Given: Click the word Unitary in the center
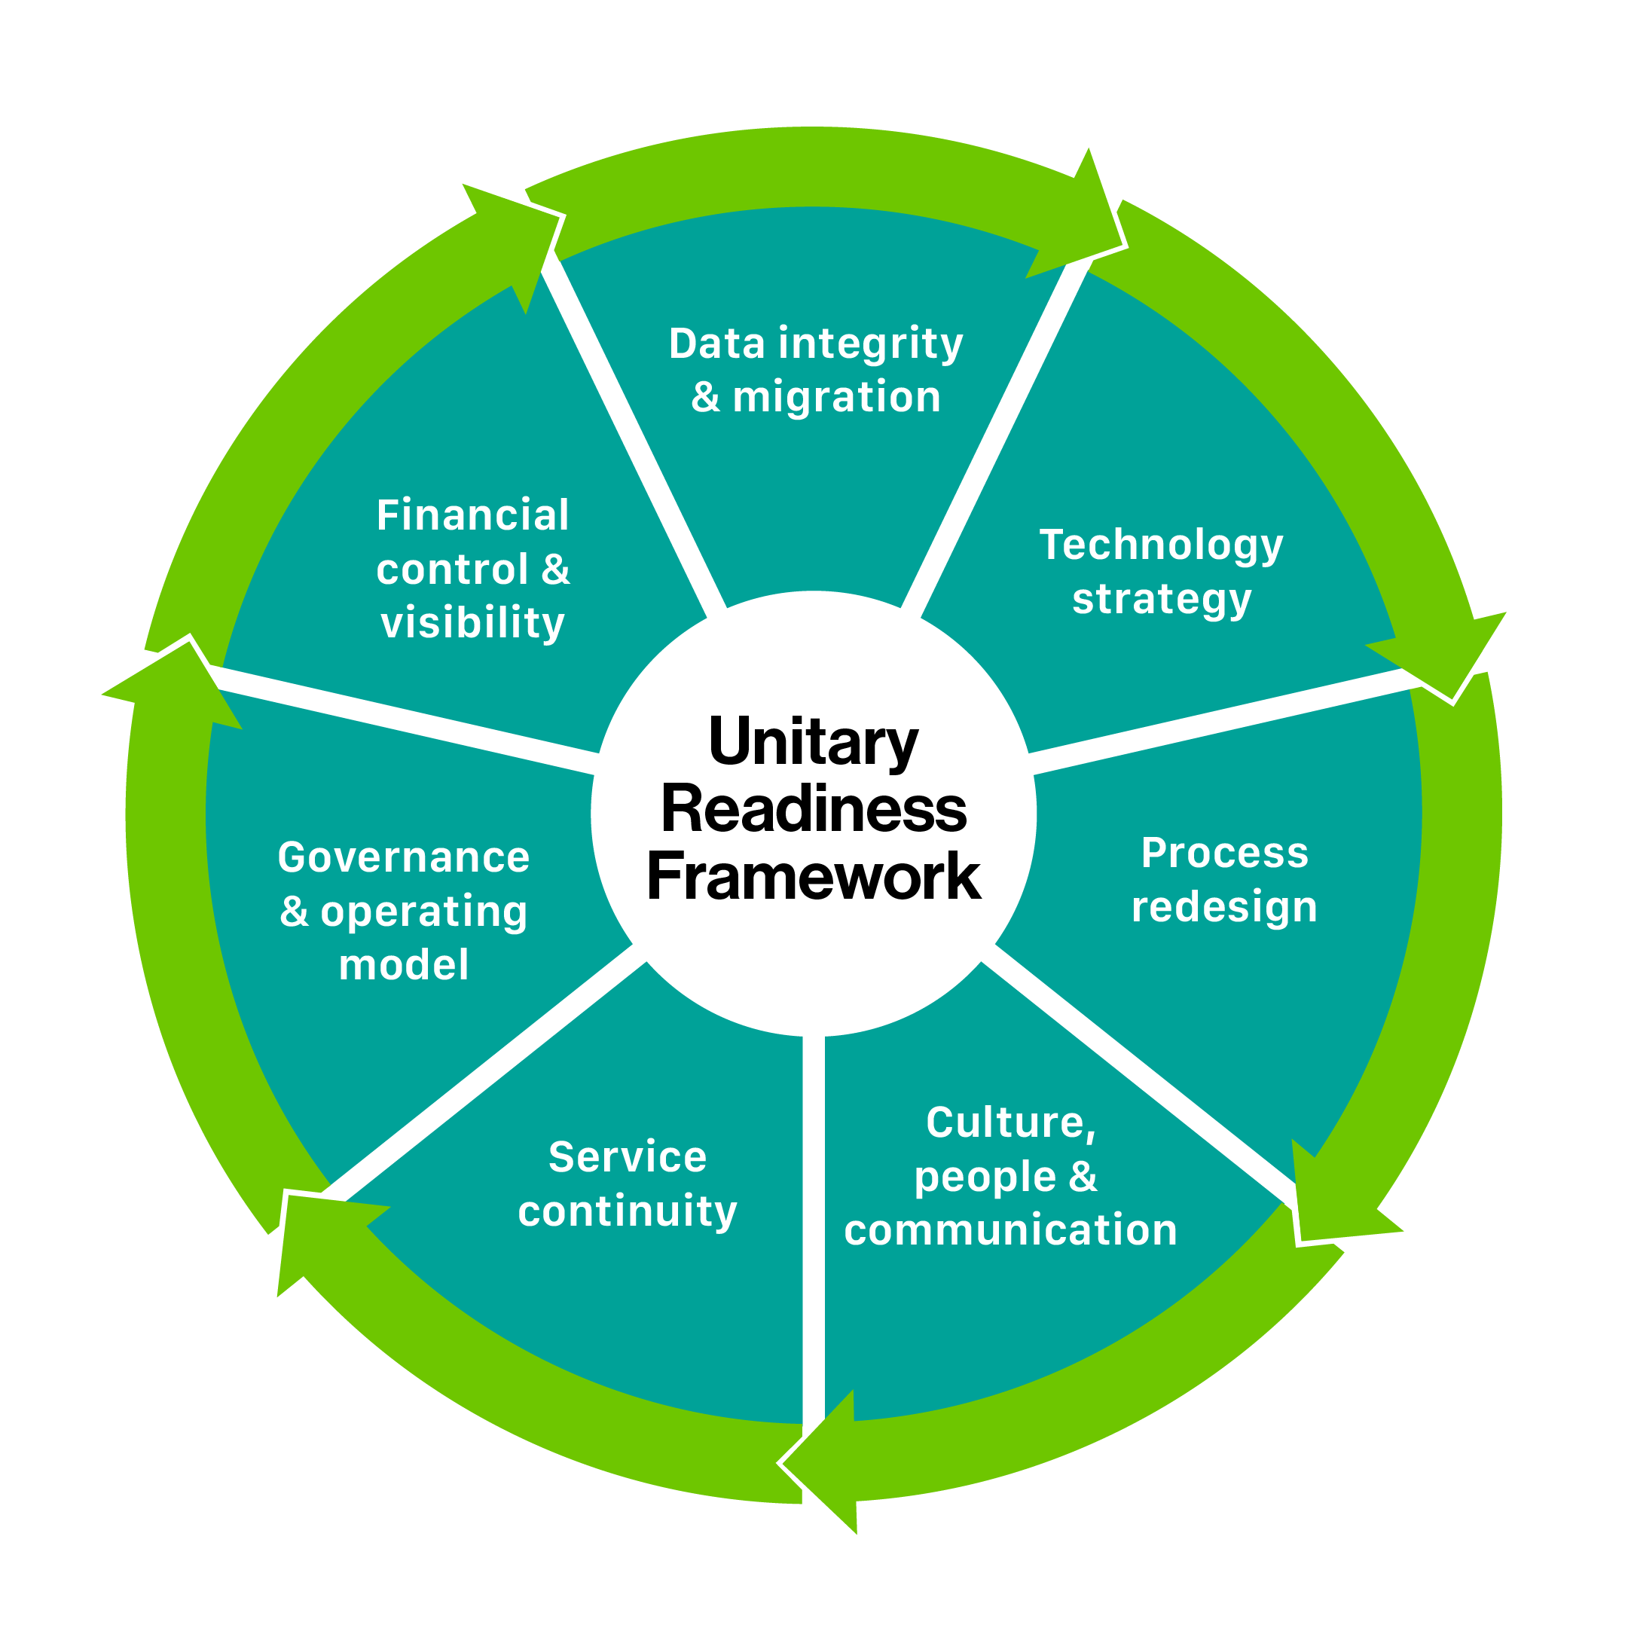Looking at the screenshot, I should tap(813, 742).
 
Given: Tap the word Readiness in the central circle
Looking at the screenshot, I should tap(813, 810).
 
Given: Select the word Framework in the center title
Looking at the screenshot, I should tap(813, 877).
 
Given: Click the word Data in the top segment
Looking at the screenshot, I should tap(717, 344).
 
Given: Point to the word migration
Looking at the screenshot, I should tap(836, 397).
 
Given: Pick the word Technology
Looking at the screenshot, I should tap(1161, 546).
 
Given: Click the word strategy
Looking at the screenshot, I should tap(1161, 600).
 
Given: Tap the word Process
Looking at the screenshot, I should tap(1224, 853).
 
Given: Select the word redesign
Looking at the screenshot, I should tap(1224, 908).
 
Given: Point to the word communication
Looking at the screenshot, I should tap(1010, 1230).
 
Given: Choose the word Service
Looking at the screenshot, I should tap(628, 1157).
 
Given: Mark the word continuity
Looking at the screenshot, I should tap(628, 1211).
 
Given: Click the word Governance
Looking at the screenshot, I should tap(404, 858).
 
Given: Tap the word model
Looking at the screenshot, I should tap(404, 966).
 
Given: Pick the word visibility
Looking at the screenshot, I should tap(472, 624).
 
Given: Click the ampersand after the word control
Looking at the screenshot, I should tap(556, 570).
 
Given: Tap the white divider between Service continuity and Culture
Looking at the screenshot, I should tap(813, 1222).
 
